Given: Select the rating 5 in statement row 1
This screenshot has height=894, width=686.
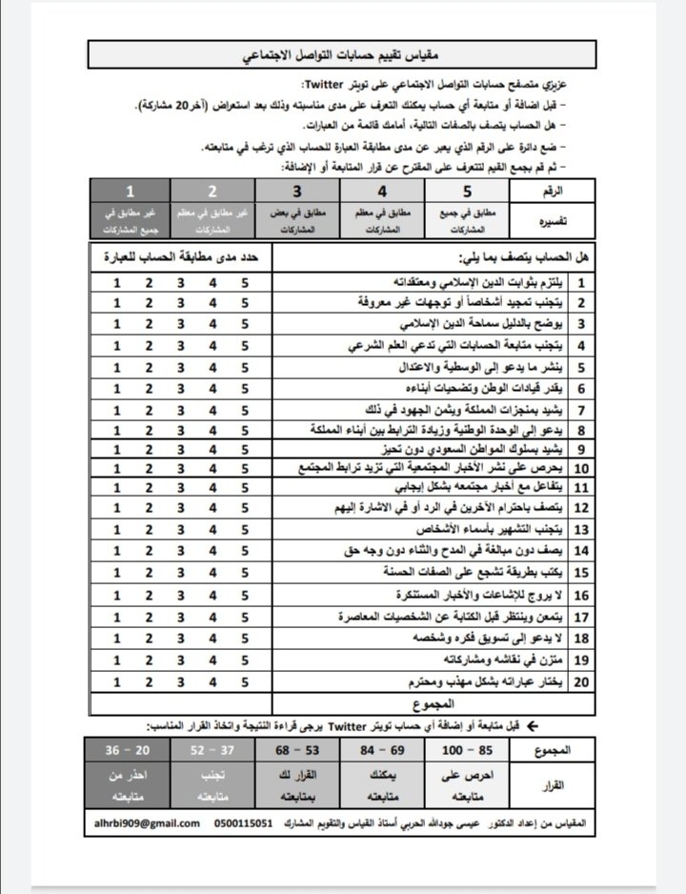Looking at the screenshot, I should click(245, 283).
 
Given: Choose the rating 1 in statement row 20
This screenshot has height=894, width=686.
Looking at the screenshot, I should click(117, 681).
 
